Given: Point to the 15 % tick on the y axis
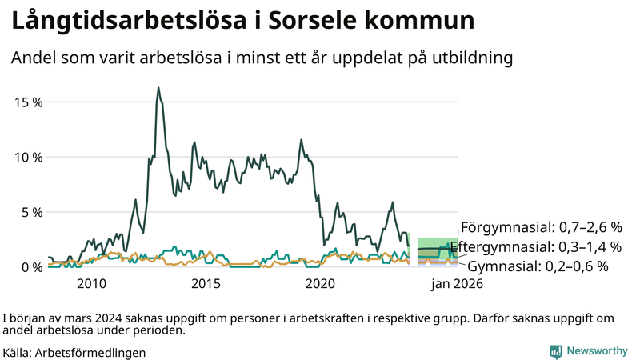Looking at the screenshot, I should coord(28,102).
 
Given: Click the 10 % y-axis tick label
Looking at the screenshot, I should coord(28,158).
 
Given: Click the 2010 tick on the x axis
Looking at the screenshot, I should coord(91,283).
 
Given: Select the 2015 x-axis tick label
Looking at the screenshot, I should coord(206,283).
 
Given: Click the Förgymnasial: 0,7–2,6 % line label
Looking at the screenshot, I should coord(541,227).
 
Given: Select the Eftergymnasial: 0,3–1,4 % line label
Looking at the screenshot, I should coord(535,246).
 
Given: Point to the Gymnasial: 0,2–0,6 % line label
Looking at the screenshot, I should coord(538,266).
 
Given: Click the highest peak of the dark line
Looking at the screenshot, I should coord(158,88).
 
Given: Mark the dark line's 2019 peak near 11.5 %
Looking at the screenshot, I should coord(301,140).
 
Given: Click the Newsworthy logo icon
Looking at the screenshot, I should coord(555,351).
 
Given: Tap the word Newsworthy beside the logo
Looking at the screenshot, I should coord(597,351).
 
